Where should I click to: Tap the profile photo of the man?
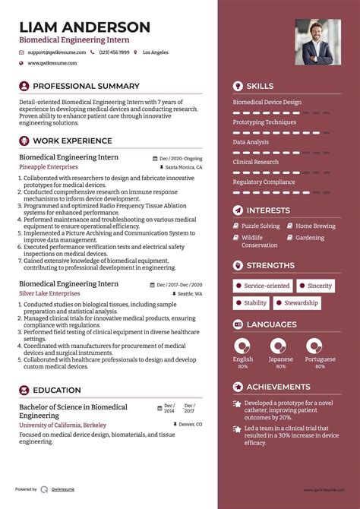click(318, 42)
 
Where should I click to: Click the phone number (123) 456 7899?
click(114, 52)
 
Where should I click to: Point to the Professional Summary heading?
click(86, 86)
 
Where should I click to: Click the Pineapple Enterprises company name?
click(49, 166)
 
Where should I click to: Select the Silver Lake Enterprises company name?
click(51, 293)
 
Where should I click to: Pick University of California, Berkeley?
click(62, 425)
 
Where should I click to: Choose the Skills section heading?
click(260, 86)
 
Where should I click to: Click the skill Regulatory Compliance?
click(264, 182)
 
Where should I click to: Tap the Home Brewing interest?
click(314, 226)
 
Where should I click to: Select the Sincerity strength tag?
click(319, 286)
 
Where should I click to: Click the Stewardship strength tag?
click(301, 302)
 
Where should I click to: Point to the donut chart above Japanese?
click(280, 346)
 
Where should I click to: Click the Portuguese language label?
click(320, 359)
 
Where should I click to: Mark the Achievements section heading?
click(278, 387)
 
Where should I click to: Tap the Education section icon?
click(24, 390)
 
